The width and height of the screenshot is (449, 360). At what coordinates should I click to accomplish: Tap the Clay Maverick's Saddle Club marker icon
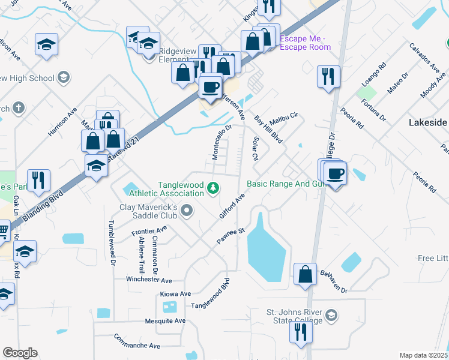click(x=187, y=210)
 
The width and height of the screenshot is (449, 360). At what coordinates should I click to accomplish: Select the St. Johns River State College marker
click(x=331, y=316)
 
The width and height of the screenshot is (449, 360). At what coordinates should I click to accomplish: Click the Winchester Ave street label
click(x=149, y=280)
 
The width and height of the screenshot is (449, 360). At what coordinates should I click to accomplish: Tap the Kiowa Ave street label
click(x=175, y=294)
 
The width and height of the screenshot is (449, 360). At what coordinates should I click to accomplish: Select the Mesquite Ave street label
click(x=165, y=321)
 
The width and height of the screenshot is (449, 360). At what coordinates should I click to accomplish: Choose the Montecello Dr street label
click(x=222, y=143)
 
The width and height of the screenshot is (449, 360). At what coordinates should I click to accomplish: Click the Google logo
click(x=20, y=353)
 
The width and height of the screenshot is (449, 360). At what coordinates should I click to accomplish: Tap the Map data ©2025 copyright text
click(x=423, y=355)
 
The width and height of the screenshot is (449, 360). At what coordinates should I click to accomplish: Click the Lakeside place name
click(x=427, y=122)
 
